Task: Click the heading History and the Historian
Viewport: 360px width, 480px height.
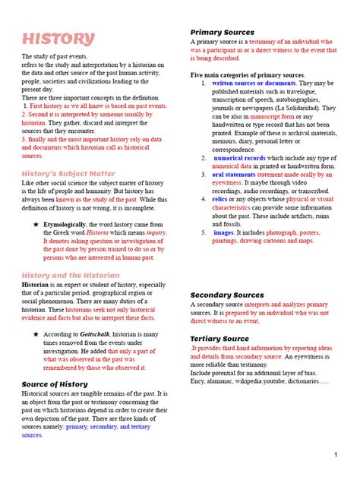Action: click(x=70, y=275)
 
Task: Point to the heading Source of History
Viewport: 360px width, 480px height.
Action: click(x=57, y=384)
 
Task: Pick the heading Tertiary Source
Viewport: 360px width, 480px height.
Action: click(x=219, y=338)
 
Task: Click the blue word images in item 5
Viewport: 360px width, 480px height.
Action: click(x=226, y=232)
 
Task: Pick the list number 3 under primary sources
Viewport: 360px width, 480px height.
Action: click(x=204, y=174)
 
